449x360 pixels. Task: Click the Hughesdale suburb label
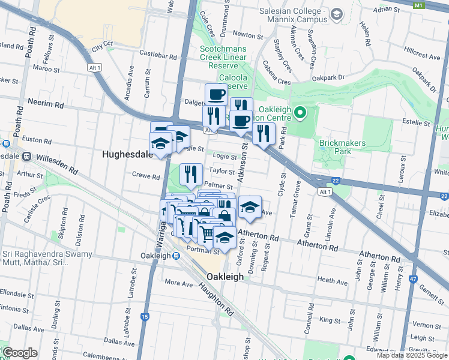click(x=128, y=154)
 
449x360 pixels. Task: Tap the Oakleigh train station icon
click(x=176, y=256)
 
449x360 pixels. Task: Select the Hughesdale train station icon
click(x=27, y=156)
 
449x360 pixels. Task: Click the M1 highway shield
click(x=418, y=5)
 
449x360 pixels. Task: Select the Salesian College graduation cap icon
click(x=336, y=13)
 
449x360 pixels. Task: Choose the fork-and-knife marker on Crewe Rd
click(x=191, y=174)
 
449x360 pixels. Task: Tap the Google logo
click(x=20, y=353)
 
